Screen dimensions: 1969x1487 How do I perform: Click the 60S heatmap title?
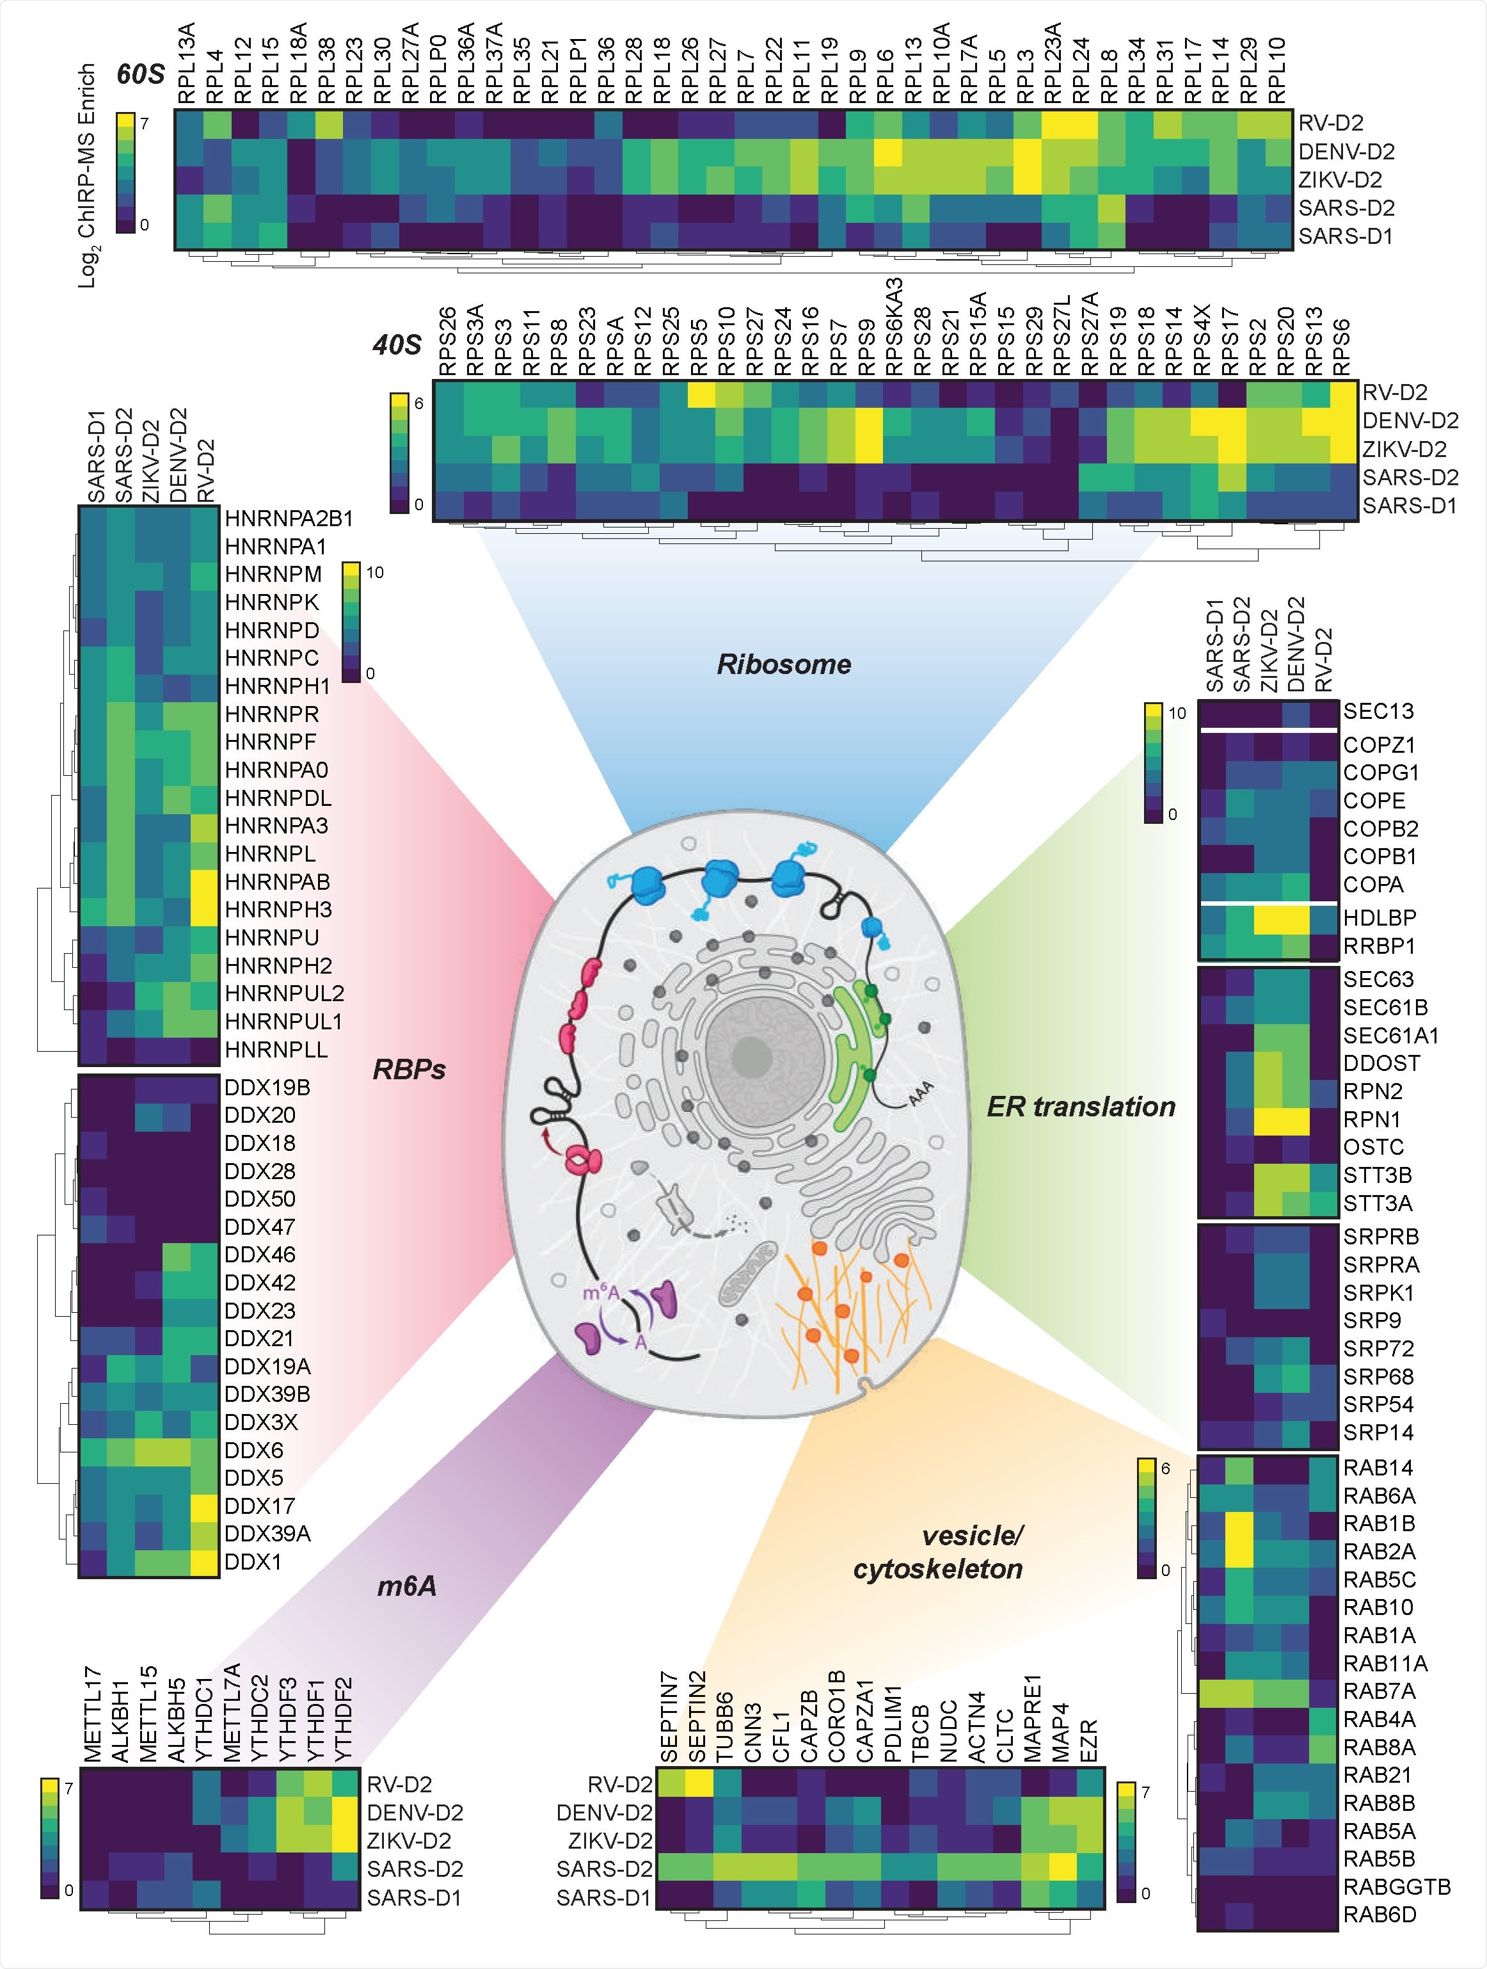pos(141,75)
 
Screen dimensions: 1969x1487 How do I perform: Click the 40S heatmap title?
pos(397,344)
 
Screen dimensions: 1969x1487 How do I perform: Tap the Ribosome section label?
pos(784,664)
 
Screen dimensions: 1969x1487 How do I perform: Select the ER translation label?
pos(1081,1107)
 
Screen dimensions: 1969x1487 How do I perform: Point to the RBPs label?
pos(408,1069)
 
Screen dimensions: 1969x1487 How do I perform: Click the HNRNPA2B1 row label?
pos(289,518)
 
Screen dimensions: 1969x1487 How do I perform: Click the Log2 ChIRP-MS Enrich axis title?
pos(87,176)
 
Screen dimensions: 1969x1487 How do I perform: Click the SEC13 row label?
pos(1378,711)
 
